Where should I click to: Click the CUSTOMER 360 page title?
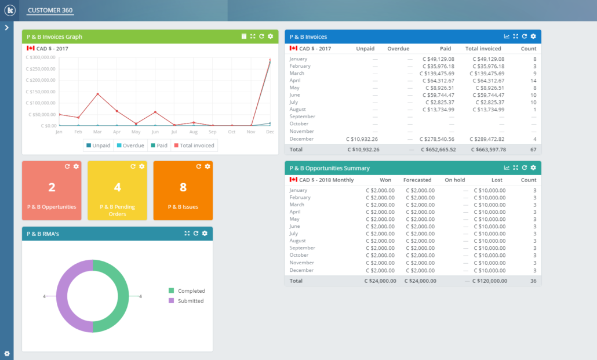[50, 10]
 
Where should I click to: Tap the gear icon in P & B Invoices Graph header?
[271, 37]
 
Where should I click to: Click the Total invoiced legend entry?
[194, 146]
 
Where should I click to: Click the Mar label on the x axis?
[97, 132]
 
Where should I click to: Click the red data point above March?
[97, 94]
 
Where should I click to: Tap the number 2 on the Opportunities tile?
[52, 187]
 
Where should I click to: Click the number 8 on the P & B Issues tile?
[183, 187]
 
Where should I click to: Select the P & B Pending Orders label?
[118, 210]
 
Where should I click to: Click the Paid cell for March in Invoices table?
[438, 74]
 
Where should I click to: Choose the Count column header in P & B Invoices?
[528, 49]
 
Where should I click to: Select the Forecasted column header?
[417, 180]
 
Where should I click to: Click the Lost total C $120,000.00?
[490, 281]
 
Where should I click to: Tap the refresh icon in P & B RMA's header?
[196, 233]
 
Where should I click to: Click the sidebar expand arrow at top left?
[6, 27]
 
